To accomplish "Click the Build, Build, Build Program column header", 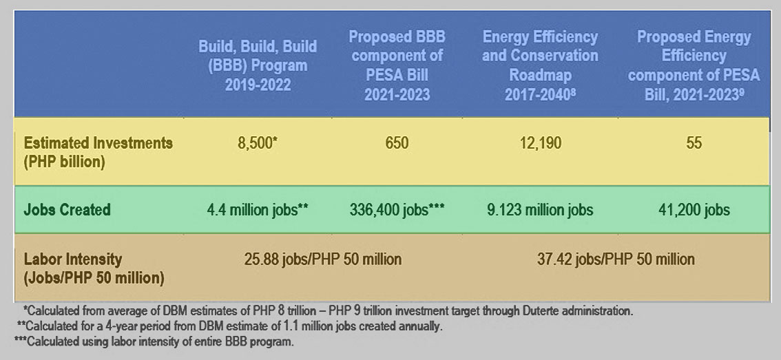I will pyautogui.click(x=258, y=66).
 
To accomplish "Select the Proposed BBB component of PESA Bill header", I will pyautogui.click(x=395, y=65).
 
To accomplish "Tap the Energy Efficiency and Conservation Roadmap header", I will pyautogui.click(x=540, y=65).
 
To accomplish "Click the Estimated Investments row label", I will pyautogui.click(x=98, y=151).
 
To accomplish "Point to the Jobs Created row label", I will pyautogui.click(x=67, y=209).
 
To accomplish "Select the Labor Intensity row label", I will pyautogui.click(x=94, y=268).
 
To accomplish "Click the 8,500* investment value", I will pyautogui.click(x=257, y=143).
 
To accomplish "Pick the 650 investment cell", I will pyautogui.click(x=396, y=143).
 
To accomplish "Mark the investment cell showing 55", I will pyautogui.click(x=693, y=143).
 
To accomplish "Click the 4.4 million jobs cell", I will pyautogui.click(x=257, y=209).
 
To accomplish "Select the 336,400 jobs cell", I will pyautogui.click(x=396, y=209).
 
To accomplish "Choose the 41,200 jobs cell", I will pyautogui.click(x=693, y=209).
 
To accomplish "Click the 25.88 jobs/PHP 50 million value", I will pyautogui.click(x=322, y=260).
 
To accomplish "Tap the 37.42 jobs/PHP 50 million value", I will pyautogui.click(x=616, y=260).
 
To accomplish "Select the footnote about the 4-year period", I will pyautogui.click(x=227, y=326).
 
